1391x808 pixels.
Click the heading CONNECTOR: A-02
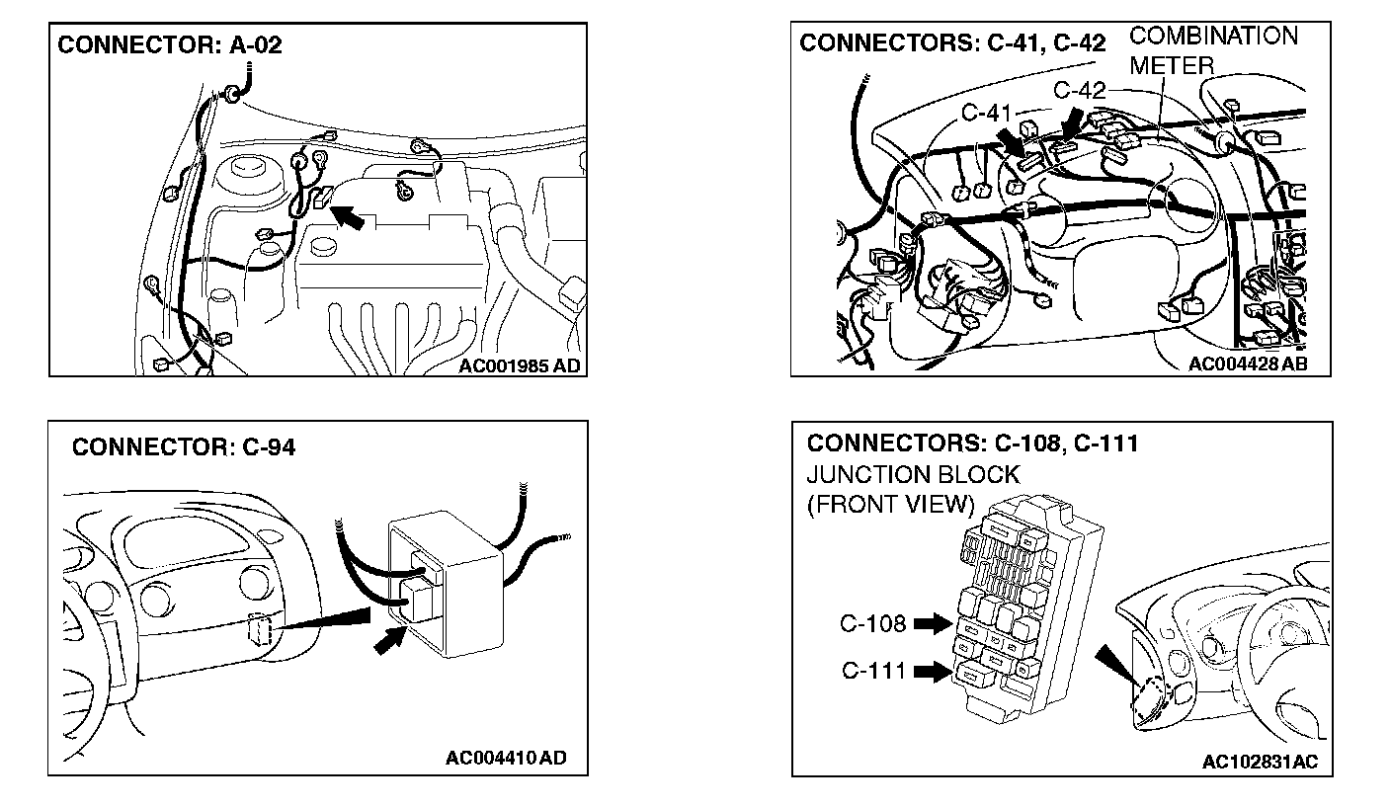(170, 46)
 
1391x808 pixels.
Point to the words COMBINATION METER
(1213, 50)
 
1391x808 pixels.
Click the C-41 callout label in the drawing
(985, 114)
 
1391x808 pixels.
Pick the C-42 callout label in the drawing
(1079, 91)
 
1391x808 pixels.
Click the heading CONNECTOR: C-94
(184, 447)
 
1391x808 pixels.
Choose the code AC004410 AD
(506, 759)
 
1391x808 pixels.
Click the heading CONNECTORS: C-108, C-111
(972, 444)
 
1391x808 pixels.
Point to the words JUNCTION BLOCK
(913, 474)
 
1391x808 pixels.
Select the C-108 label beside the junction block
(873, 623)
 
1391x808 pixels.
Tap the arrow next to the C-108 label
(931, 624)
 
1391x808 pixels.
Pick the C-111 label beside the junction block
(874, 672)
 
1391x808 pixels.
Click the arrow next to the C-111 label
(931, 672)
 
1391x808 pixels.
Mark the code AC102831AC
(1260, 762)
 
